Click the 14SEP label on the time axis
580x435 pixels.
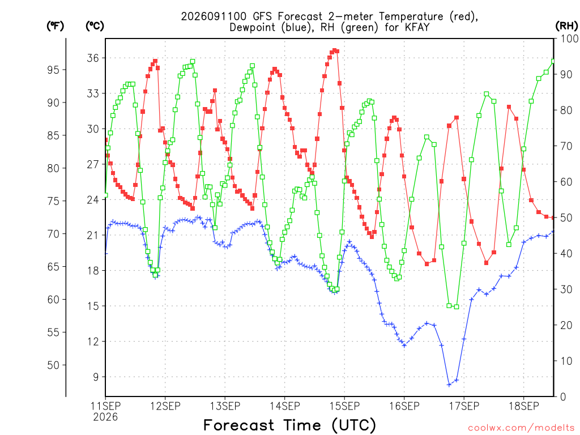tap(285, 406)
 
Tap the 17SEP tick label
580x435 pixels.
tap(464, 406)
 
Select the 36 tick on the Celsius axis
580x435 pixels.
tap(93, 58)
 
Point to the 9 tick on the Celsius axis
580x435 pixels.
tap(96, 377)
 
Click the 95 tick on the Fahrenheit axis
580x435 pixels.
tap(53, 70)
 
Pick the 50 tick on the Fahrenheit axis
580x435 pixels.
tap(53, 365)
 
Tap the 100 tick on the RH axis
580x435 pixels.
tap(569, 39)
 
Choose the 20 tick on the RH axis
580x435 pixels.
tap(566, 325)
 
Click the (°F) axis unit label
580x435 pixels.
tap(55, 26)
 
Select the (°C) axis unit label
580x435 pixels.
tap(95, 26)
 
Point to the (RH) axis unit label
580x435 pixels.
tap(566, 26)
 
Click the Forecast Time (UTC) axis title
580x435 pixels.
tap(289, 425)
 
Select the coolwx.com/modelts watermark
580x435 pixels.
tap(521, 428)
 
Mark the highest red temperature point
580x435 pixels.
tap(334, 50)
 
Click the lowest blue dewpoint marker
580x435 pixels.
tap(449, 385)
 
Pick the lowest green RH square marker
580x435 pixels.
tap(457, 306)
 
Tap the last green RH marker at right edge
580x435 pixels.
tap(553, 61)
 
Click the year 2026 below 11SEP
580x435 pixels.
tap(105, 417)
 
